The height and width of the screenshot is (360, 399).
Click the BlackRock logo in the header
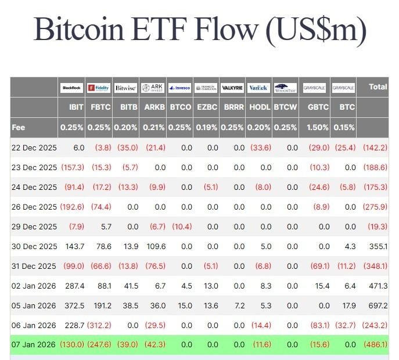(x=72, y=88)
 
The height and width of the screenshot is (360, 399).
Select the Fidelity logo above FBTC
(x=99, y=88)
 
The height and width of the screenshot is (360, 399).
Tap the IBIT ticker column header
(x=76, y=107)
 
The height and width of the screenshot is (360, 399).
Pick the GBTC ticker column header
(x=318, y=107)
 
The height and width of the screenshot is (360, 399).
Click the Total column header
(x=378, y=87)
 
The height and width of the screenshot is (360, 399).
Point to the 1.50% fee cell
(x=316, y=127)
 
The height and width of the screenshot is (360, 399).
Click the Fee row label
(x=18, y=127)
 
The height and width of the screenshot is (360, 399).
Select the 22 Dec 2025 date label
(x=34, y=147)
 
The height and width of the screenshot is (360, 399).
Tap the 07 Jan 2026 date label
(x=34, y=344)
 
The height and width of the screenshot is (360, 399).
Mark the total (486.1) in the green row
(x=375, y=344)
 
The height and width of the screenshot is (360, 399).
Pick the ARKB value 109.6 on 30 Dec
(x=154, y=246)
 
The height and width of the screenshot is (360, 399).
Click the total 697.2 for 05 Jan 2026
(x=377, y=305)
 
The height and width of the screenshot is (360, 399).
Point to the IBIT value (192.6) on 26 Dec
(x=72, y=207)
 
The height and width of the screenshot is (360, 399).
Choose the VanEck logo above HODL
(x=257, y=88)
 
